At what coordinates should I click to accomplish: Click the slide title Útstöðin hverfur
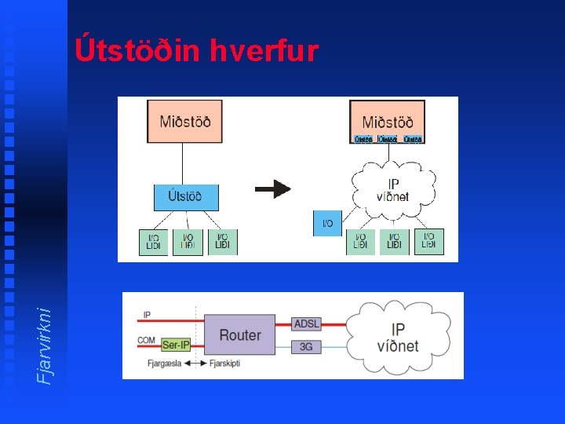coord(197,51)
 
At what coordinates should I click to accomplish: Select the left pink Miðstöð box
coord(184,121)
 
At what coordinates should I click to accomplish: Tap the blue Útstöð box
coord(185,196)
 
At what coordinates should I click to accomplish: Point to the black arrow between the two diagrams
coord(273,188)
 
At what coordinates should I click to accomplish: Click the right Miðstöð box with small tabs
coord(388,122)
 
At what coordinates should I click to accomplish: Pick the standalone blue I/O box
coord(327,224)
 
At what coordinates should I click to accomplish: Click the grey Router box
coord(240,334)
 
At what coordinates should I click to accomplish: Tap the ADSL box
coord(306,323)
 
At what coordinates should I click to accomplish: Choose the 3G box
coord(306,346)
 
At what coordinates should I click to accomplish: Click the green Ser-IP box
coord(176,345)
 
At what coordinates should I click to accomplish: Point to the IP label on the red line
coord(146,315)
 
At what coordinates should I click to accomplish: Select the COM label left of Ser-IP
coord(147,340)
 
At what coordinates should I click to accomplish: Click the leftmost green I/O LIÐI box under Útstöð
coord(153,242)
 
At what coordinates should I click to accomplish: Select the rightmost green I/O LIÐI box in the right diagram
coord(428,241)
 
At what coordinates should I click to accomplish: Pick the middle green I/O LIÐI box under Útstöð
coord(188,242)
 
